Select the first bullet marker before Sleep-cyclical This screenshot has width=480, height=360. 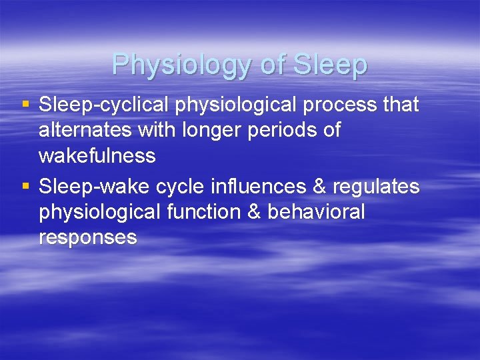pos(25,105)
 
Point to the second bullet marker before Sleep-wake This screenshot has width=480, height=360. pos(25,187)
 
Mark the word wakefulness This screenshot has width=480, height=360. pos(97,156)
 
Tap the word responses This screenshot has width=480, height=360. pos(88,237)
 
